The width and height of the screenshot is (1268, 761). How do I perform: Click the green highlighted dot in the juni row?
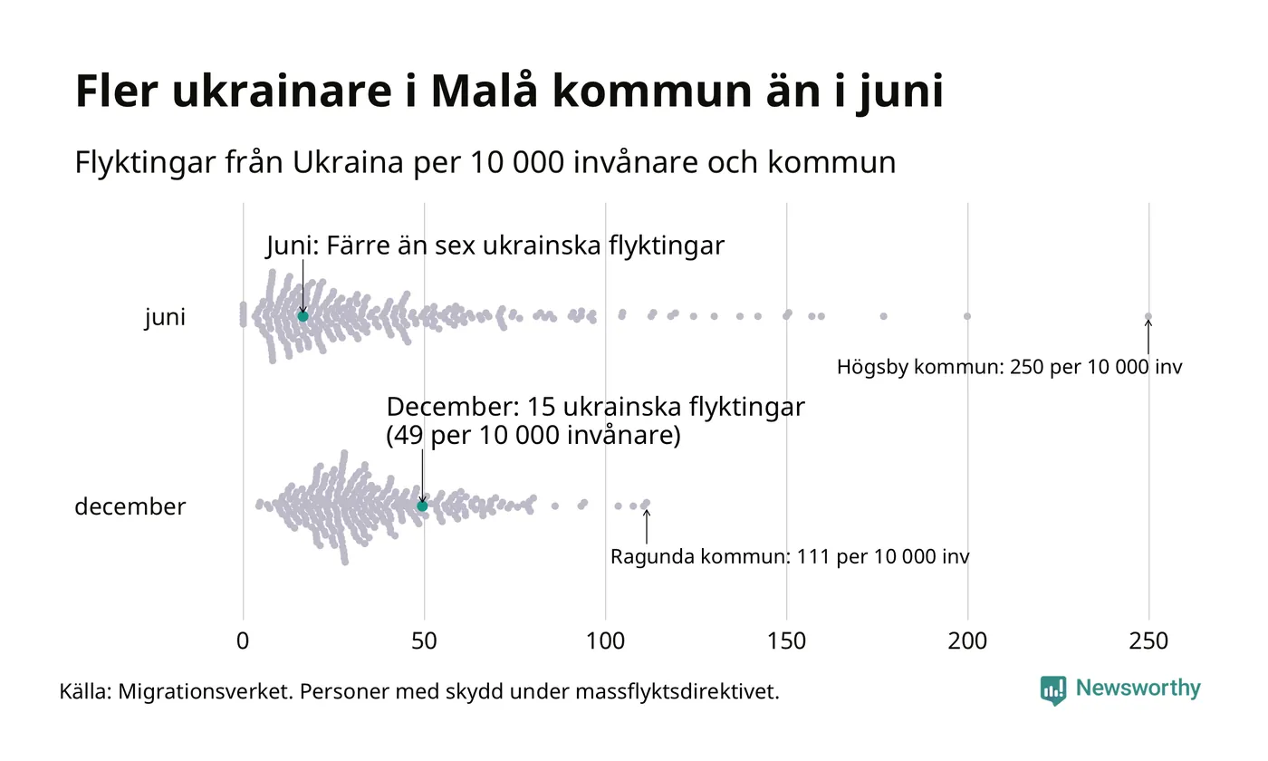click(x=303, y=316)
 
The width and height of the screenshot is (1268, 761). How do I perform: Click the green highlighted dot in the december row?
click(x=422, y=506)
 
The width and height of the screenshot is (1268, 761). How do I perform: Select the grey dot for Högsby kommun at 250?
click(x=1148, y=316)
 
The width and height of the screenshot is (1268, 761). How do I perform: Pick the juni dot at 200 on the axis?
click(x=967, y=316)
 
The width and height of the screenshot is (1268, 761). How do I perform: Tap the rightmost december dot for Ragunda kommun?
click(x=646, y=503)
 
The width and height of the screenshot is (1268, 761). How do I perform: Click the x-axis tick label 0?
click(x=243, y=641)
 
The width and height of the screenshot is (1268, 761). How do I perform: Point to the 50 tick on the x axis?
click(x=424, y=641)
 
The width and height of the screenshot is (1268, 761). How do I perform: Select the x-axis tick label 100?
click(x=605, y=641)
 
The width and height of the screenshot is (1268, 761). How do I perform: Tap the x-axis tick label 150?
click(x=786, y=641)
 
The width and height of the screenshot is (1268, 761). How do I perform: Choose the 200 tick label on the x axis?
click(x=967, y=641)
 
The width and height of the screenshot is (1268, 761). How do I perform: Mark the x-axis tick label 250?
click(x=1148, y=641)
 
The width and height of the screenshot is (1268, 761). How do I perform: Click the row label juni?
click(x=165, y=318)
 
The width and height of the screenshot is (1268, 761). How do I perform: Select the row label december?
click(x=130, y=506)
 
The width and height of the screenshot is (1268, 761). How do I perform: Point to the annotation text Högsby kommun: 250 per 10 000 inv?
click(x=1009, y=368)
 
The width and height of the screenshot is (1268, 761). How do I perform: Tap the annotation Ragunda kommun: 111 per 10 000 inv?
click(x=790, y=556)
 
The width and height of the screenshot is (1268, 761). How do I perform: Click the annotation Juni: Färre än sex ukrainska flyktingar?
click(x=495, y=246)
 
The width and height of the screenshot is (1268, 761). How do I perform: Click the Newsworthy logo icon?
click(x=1052, y=690)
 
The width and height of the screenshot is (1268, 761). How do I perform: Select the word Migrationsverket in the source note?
click(x=205, y=692)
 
